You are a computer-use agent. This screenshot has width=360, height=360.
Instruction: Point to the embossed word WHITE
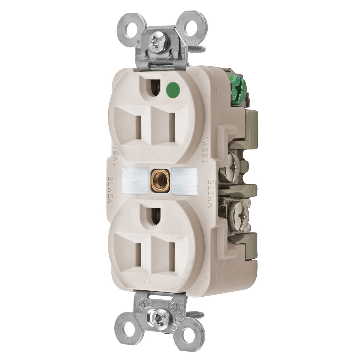coord(211,193)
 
